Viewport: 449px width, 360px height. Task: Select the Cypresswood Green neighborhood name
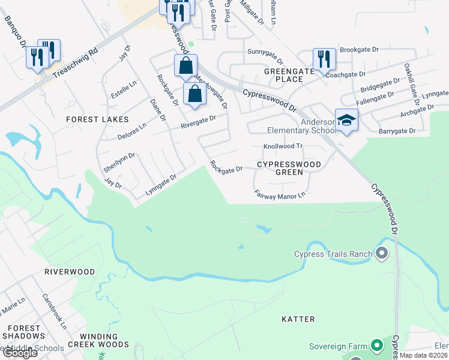pos(289,167)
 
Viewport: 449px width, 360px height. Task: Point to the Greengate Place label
pos(290,75)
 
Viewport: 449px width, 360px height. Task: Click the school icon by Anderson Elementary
pos(347,120)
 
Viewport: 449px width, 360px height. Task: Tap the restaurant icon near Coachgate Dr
pos(324,59)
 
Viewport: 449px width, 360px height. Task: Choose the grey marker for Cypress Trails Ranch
pos(381,254)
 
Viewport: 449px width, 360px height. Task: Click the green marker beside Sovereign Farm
pos(376,346)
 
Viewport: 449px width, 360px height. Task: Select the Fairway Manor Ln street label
pos(280,194)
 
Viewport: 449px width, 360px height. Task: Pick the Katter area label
pos(298,319)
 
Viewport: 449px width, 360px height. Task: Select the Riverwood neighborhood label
pos(70,272)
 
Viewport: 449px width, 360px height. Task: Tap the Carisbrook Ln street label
pos(54,311)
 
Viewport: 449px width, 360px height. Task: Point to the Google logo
pos(20,353)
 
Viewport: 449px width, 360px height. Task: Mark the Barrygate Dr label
pos(397,131)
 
